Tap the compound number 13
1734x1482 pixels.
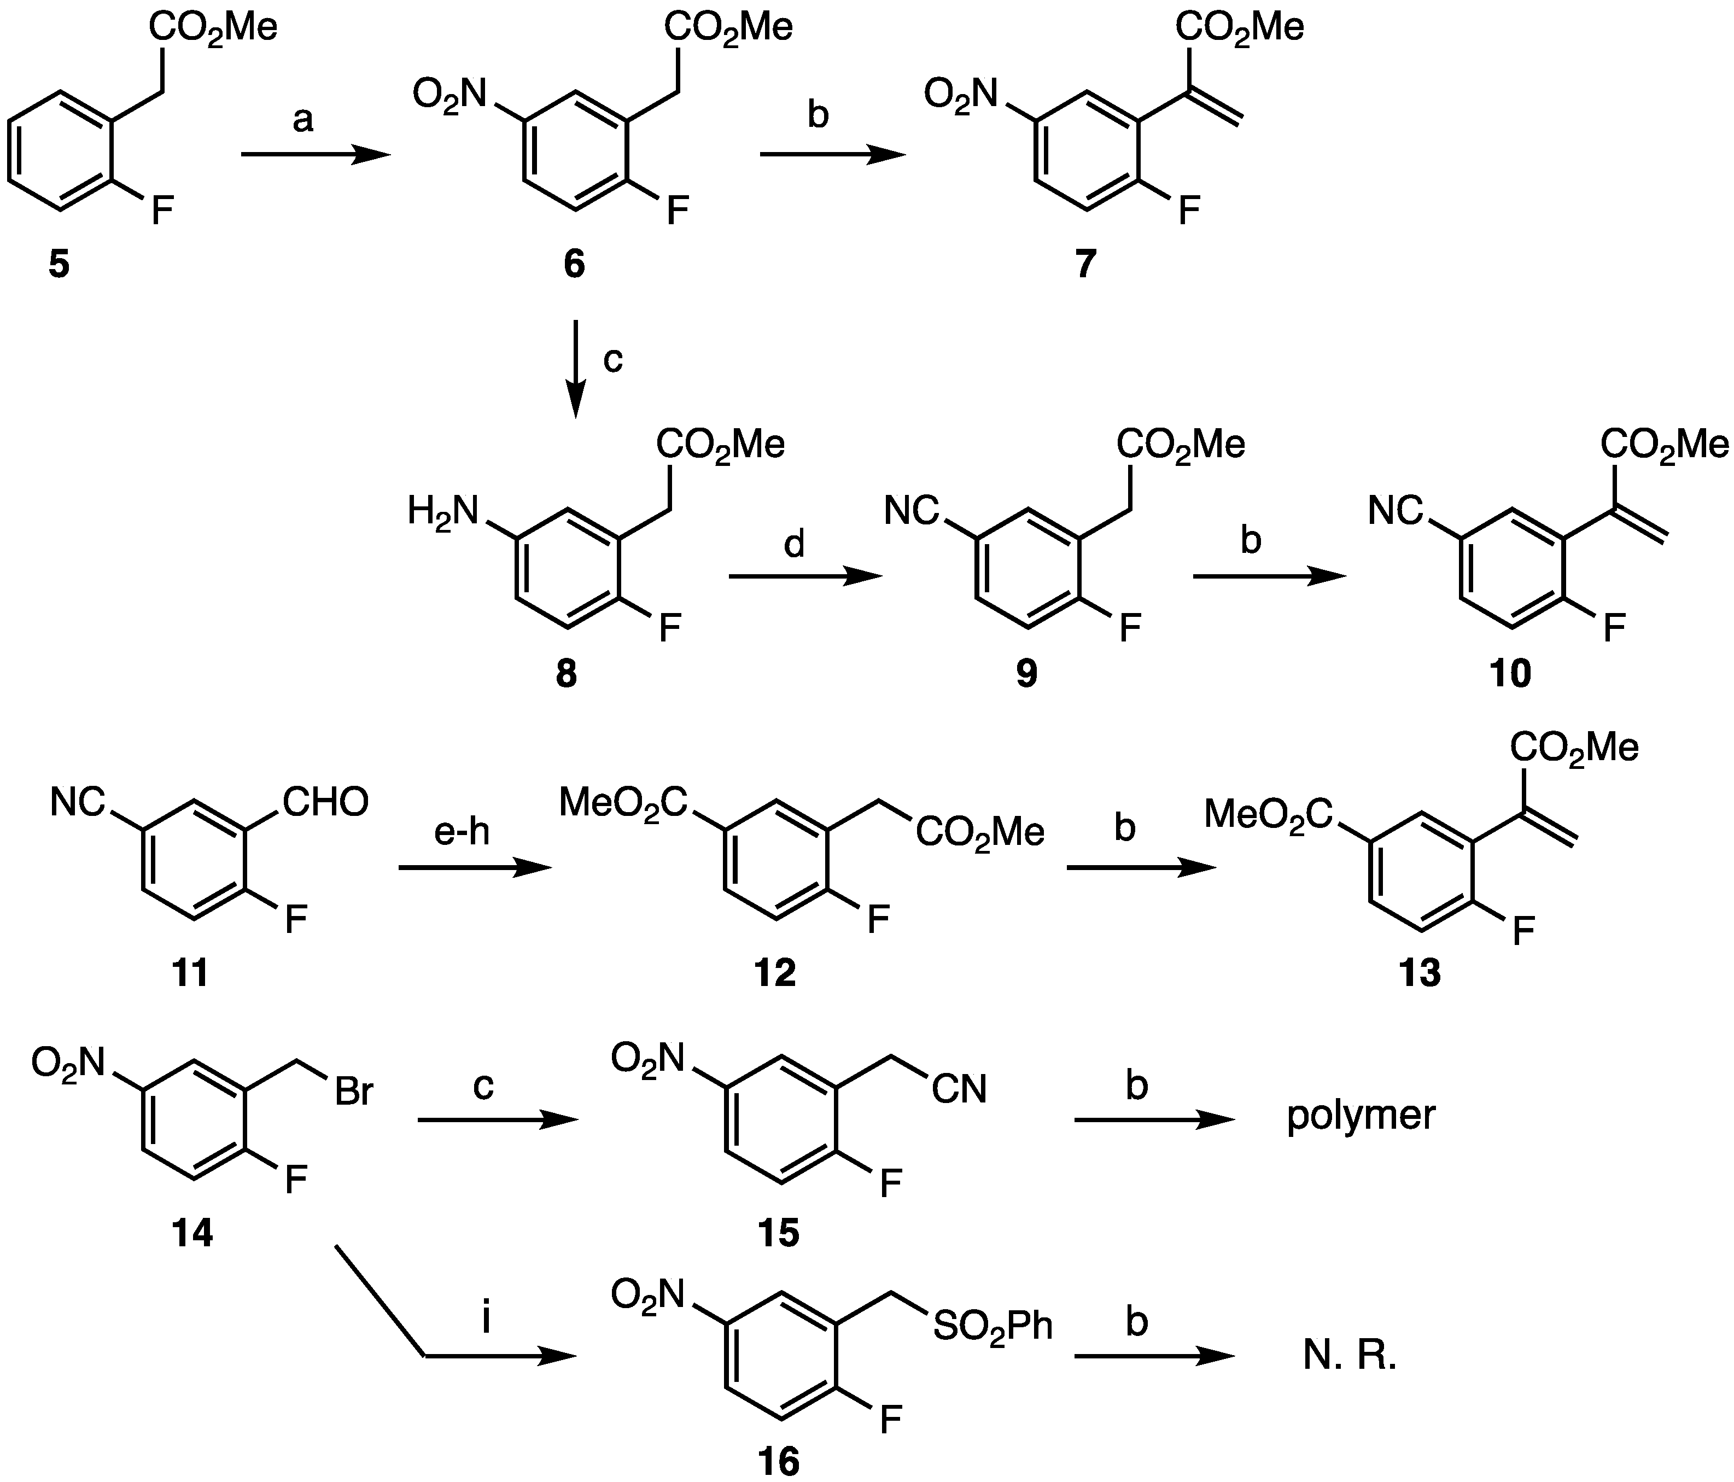(x=1420, y=973)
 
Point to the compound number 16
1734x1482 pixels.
(x=778, y=1461)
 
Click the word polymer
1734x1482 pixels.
(x=1361, y=1116)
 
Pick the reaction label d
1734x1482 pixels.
(x=793, y=545)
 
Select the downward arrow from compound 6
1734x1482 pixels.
(x=576, y=368)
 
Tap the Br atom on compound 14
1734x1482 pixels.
(x=353, y=1092)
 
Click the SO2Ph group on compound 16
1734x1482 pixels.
(x=992, y=1326)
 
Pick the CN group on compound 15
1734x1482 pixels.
(x=960, y=1089)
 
